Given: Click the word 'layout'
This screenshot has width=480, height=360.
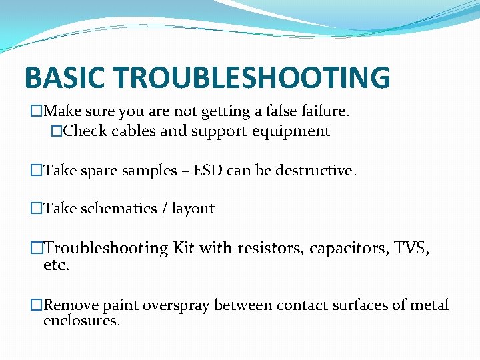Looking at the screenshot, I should click(x=193, y=209).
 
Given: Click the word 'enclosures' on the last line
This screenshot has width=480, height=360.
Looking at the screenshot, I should click(x=81, y=321).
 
